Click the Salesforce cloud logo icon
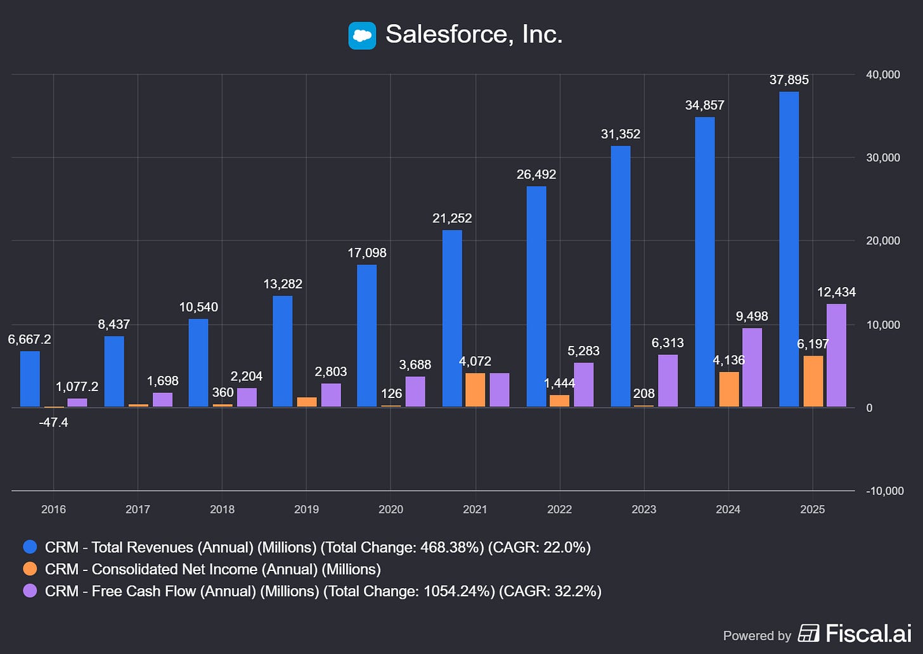tap(362, 35)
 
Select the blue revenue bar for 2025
tap(789, 249)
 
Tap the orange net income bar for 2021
tap(475, 390)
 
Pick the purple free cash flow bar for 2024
tap(752, 368)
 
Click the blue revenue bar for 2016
tap(30, 379)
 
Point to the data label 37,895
tap(789, 80)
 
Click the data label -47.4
tap(53, 422)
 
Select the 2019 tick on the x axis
tap(306, 510)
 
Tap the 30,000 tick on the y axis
tap(882, 158)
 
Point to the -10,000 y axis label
tap(884, 491)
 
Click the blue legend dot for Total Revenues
tap(30, 547)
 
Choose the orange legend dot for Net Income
tap(30, 569)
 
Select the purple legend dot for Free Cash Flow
tap(30, 591)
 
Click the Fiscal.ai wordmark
tap(868, 633)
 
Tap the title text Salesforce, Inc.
tap(474, 34)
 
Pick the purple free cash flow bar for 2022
tap(583, 385)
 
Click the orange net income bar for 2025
tap(813, 381)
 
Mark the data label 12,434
tap(836, 292)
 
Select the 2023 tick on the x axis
tap(643, 510)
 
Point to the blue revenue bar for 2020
tap(366, 336)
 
